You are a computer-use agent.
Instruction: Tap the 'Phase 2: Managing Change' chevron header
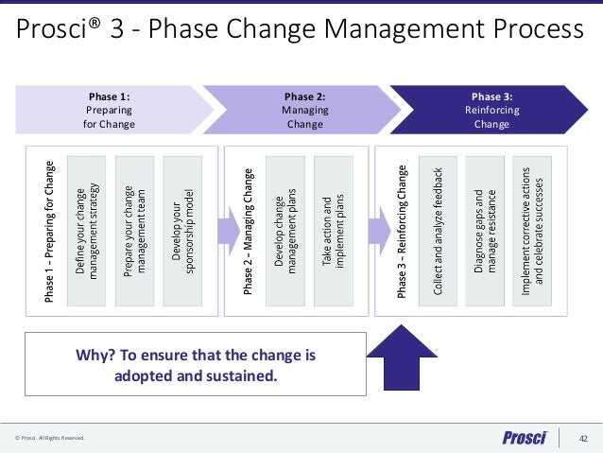[x=304, y=110]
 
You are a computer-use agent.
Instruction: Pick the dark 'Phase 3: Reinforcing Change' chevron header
[x=491, y=110]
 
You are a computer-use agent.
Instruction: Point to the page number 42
[x=583, y=438]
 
